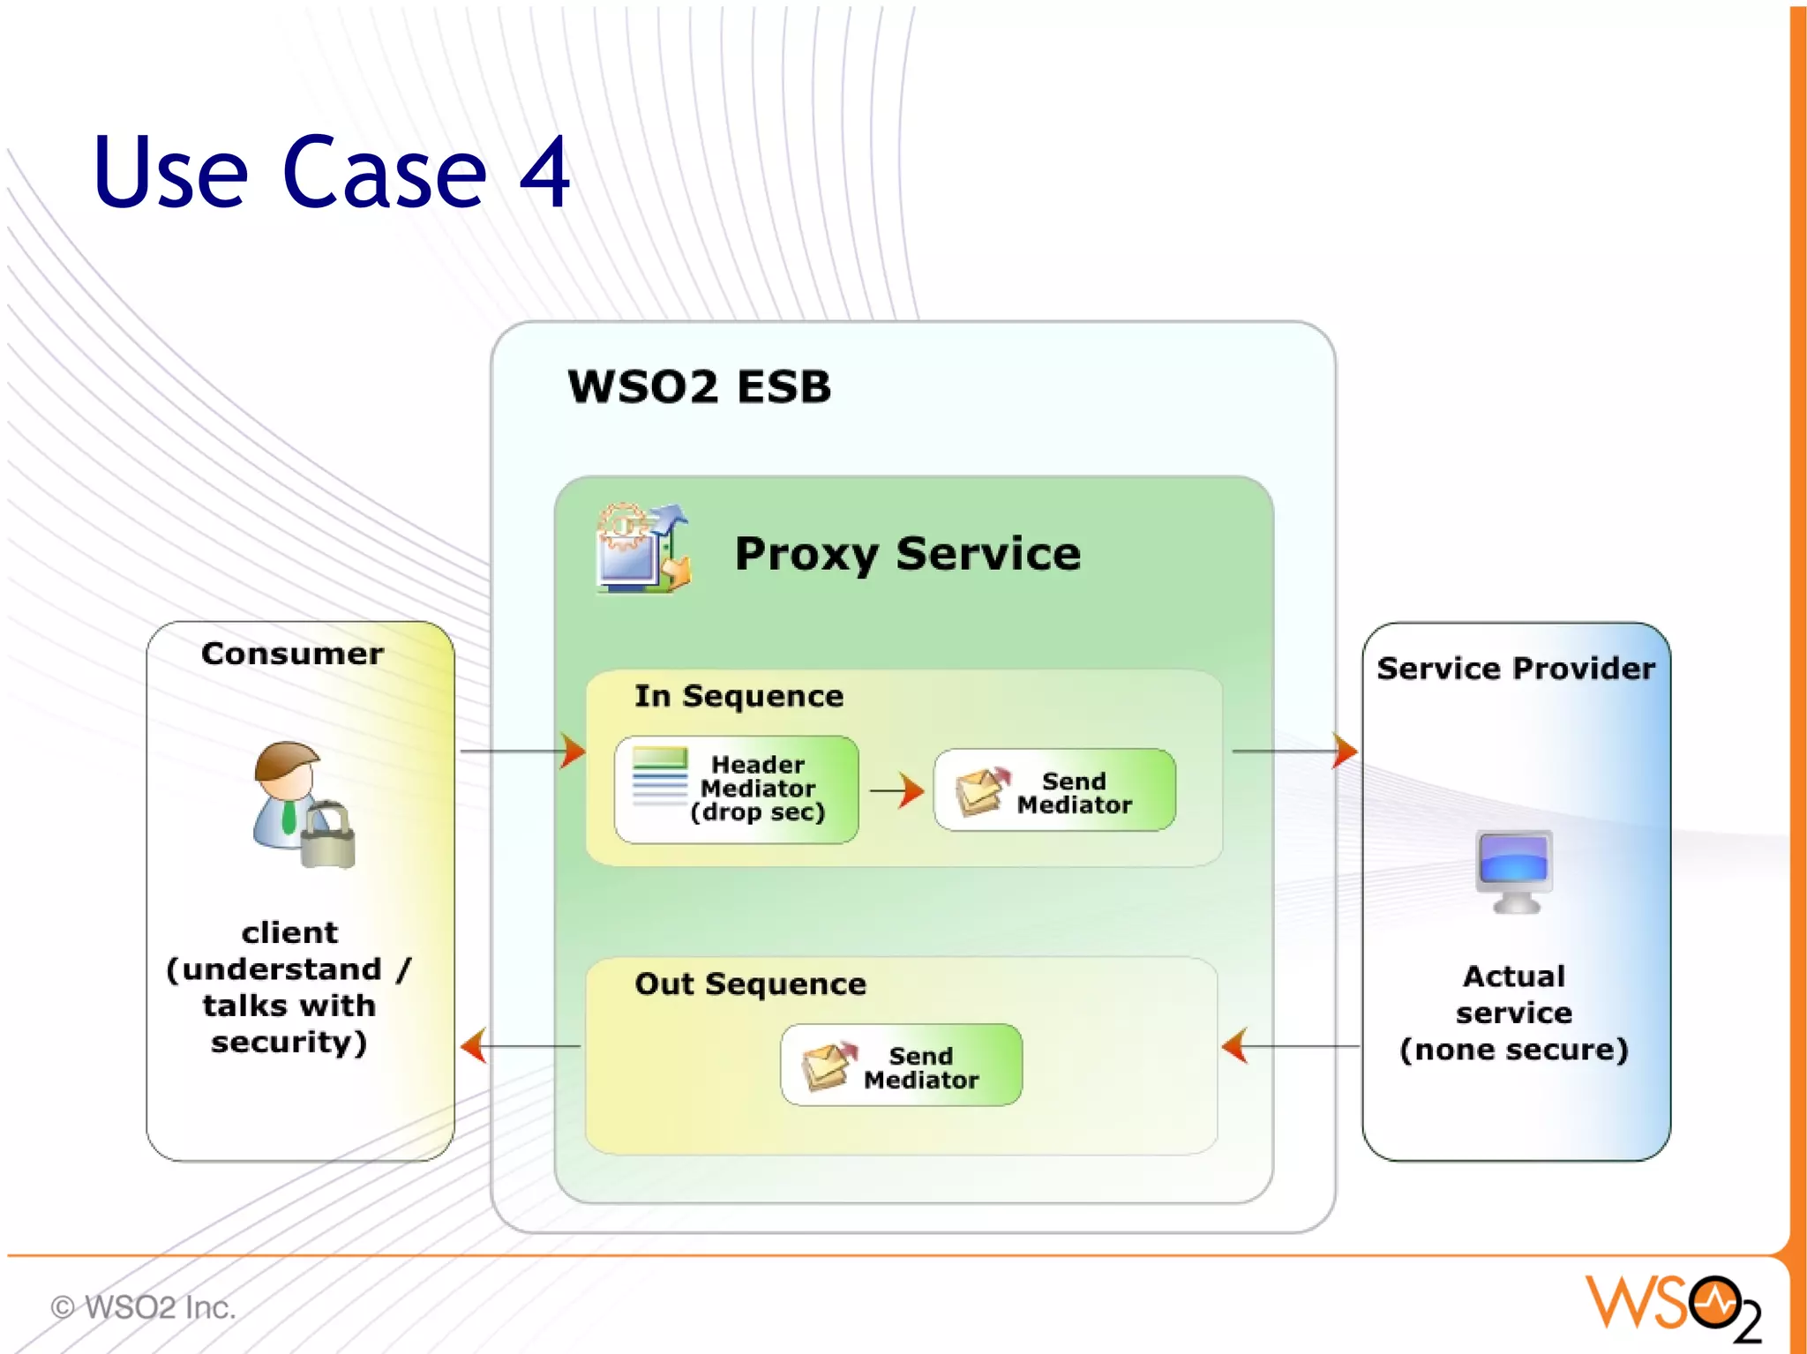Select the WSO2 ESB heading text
[699, 386]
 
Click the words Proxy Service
[907, 554]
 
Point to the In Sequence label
[739, 696]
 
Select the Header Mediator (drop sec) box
[737, 789]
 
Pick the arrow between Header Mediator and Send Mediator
[897, 790]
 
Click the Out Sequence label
[750, 984]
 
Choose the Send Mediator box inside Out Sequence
[901, 1066]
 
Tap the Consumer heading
[292, 654]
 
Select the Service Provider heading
[1515, 669]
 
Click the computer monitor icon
[1514, 870]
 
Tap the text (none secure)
[1513, 1050]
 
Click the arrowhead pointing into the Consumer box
[474, 1045]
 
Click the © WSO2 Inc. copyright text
[143, 1306]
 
